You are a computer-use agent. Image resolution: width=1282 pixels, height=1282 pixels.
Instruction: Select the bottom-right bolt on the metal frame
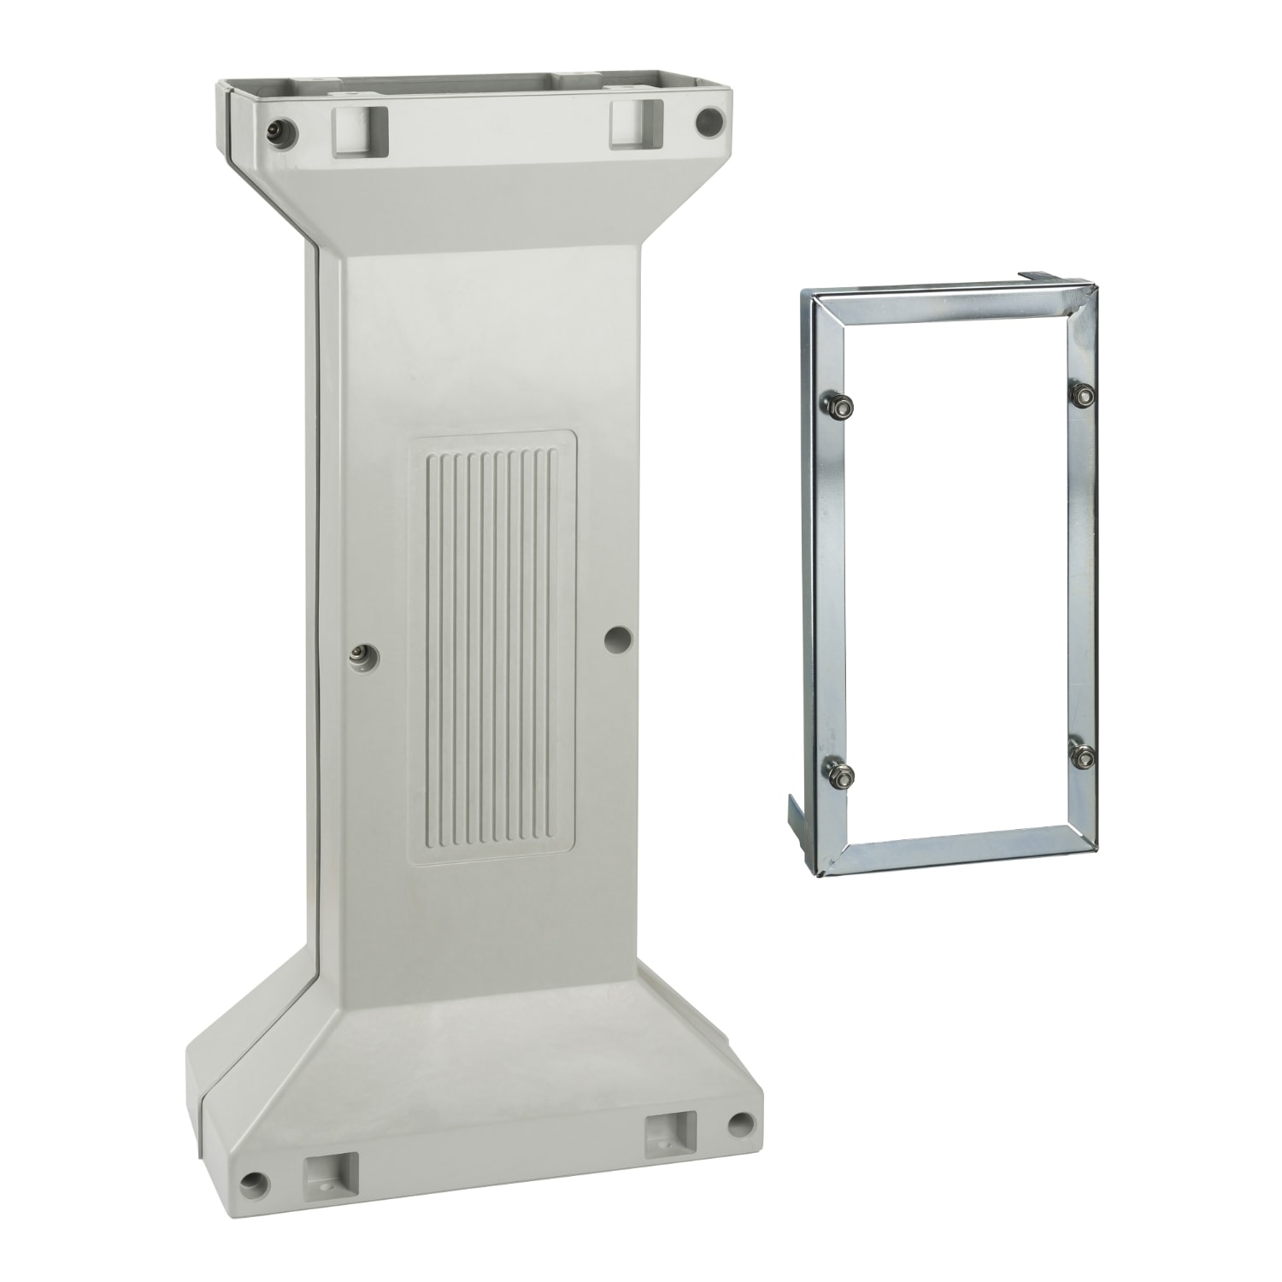coord(1082,756)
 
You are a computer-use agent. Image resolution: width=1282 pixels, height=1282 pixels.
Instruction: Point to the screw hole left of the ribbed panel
coord(359,654)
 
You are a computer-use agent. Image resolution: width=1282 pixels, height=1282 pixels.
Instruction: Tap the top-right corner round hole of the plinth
coord(709,122)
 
